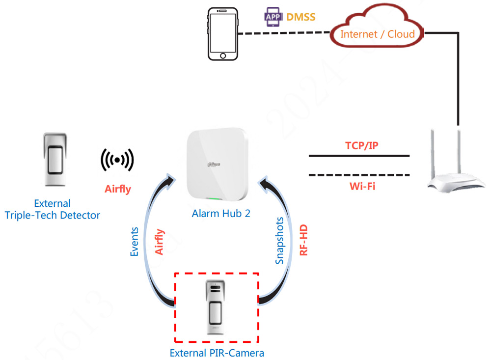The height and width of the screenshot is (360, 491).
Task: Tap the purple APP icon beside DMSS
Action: [273, 17]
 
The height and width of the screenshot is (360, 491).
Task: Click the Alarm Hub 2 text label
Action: [217, 214]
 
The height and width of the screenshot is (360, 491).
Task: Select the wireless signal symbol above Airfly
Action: [117, 161]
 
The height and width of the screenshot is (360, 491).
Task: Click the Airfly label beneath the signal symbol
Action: [118, 189]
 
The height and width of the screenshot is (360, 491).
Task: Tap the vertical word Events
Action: [134, 242]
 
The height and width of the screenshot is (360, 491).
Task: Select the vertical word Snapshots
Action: [279, 241]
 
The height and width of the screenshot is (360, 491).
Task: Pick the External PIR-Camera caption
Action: [217, 353]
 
